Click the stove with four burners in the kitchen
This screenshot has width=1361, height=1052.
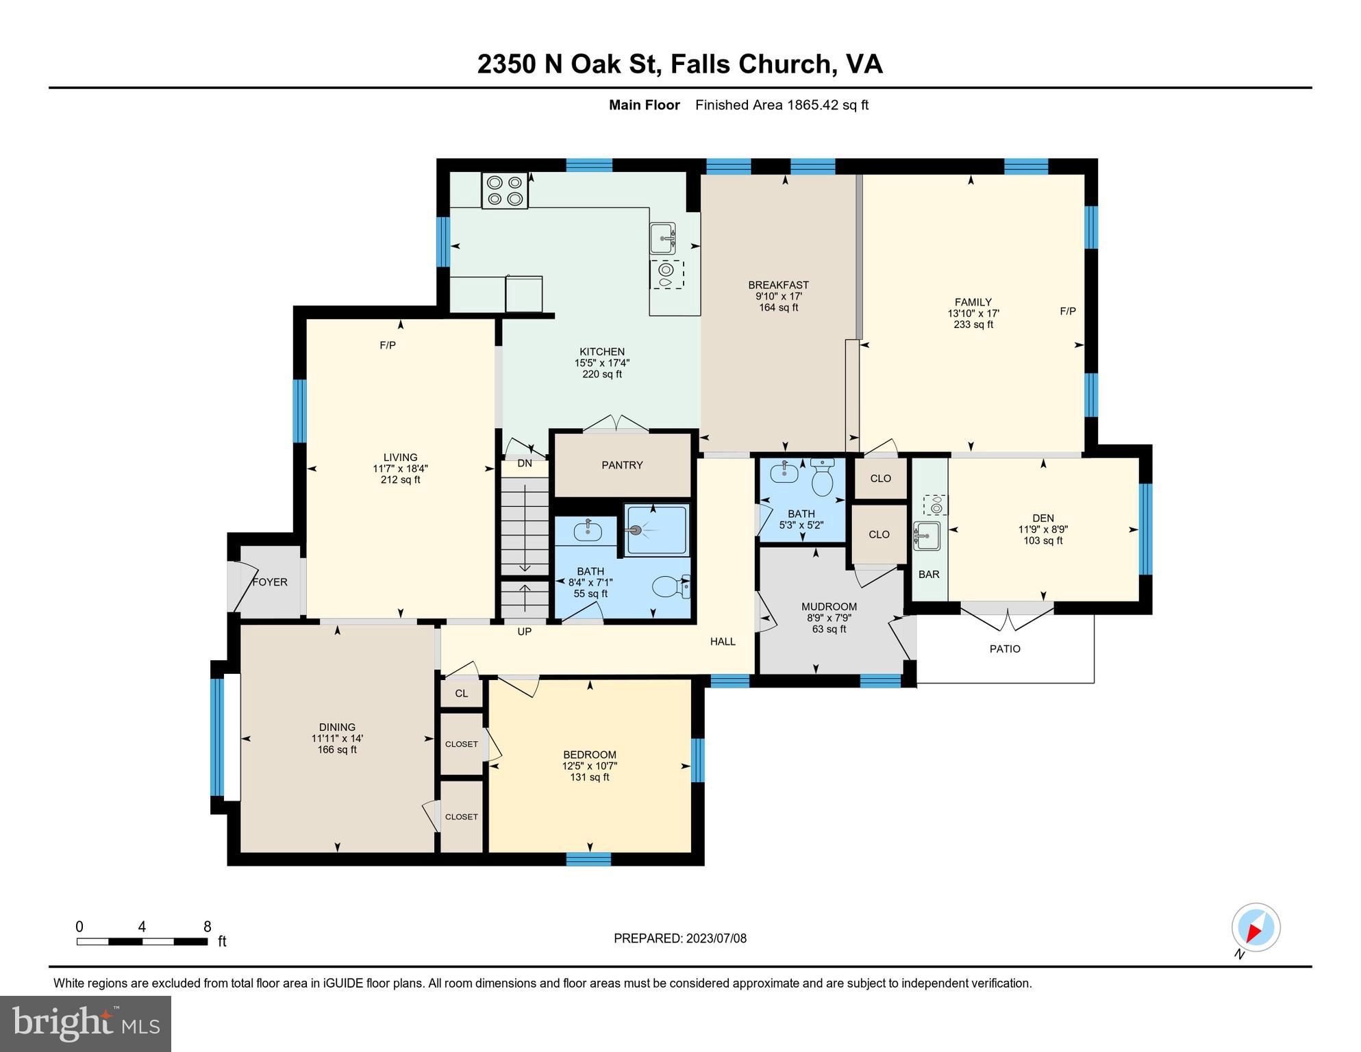click(505, 190)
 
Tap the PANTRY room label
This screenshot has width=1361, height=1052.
click(622, 465)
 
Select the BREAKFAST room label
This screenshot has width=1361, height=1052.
click(778, 285)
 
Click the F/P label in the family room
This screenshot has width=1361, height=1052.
click(1067, 311)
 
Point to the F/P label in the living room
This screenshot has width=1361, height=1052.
click(388, 345)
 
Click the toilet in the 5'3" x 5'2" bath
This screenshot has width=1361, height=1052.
click(822, 479)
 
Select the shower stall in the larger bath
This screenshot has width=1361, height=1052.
click(655, 529)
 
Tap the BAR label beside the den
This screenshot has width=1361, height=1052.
click(929, 575)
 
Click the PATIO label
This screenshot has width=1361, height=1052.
click(1005, 649)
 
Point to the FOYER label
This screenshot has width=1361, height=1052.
click(270, 582)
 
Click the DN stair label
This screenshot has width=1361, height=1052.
click(525, 463)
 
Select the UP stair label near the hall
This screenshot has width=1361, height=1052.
click(524, 631)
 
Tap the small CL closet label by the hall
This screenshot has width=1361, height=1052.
click(462, 693)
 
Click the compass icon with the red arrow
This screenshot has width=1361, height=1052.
click(1256, 928)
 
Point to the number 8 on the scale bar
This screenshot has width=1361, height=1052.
click(207, 927)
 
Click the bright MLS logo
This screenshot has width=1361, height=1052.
click(86, 1023)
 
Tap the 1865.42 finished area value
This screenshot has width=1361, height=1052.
click(812, 105)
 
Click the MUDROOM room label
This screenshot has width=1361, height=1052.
click(829, 607)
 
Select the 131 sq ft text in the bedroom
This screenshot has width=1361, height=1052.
click(589, 777)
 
